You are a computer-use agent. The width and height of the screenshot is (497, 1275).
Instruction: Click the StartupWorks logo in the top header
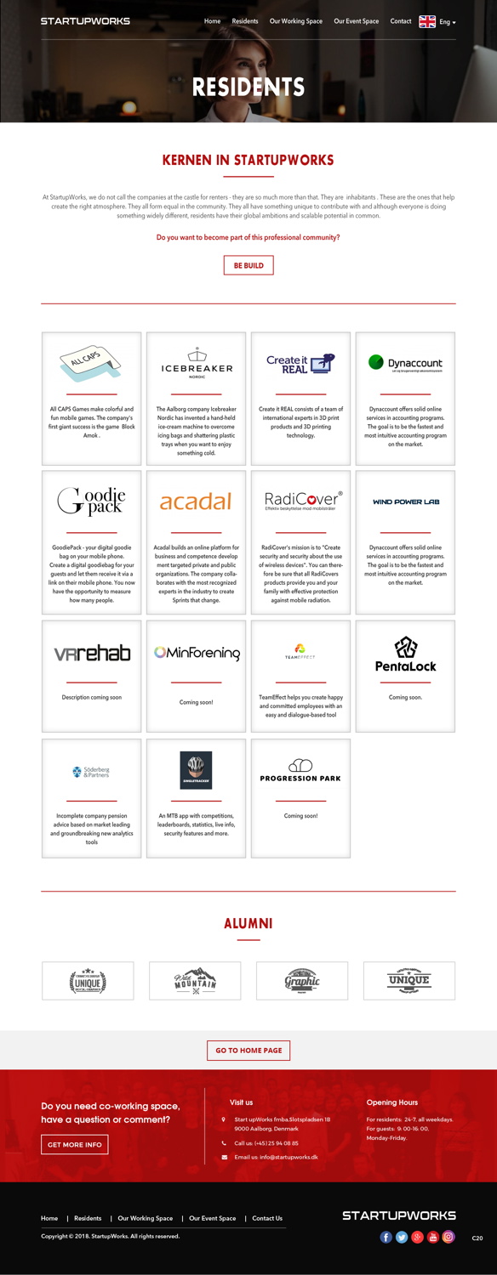[x=85, y=21]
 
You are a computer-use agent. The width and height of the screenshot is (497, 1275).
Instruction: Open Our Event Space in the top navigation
[x=356, y=21]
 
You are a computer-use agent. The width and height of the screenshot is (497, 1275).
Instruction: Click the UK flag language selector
[x=427, y=21]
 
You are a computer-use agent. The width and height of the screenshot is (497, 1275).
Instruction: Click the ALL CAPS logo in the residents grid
[x=90, y=363]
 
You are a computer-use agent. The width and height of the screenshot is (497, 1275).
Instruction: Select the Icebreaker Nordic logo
[x=197, y=363]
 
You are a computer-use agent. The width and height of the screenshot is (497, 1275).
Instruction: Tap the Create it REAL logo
[x=300, y=364]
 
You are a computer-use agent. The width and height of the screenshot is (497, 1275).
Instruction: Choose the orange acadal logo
[x=196, y=501]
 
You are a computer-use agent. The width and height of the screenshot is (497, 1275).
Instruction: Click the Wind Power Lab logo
[x=405, y=501]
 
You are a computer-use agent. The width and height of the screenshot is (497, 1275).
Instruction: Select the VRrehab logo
[x=92, y=654]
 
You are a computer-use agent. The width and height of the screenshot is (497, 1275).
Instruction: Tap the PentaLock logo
[x=405, y=654]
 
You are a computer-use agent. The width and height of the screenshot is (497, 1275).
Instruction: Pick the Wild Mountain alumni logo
[x=195, y=981]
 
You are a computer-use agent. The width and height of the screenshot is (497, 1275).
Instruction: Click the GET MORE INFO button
[x=75, y=1144]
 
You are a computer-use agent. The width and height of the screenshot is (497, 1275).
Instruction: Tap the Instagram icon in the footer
[x=448, y=1237]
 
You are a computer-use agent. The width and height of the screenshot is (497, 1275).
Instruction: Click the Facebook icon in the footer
[x=386, y=1237]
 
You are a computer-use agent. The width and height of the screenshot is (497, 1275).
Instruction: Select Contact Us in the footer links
[x=267, y=1218]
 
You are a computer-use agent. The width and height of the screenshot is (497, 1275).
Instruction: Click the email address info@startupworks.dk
[x=288, y=1157]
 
